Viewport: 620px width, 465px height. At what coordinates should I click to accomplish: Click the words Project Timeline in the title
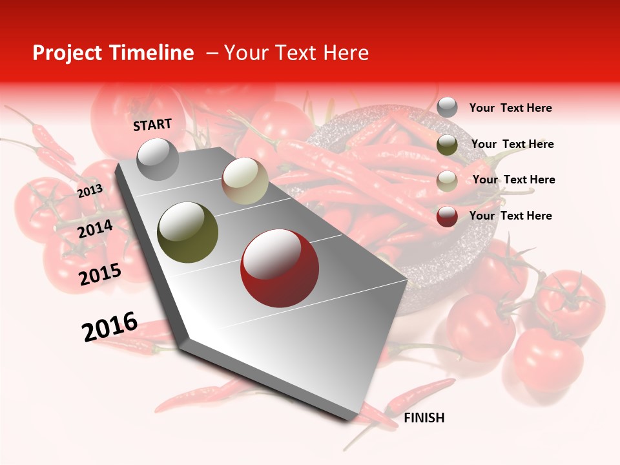(113, 53)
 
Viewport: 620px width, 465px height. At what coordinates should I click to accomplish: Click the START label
(152, 125)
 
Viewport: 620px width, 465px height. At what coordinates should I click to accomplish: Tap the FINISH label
(424, 418)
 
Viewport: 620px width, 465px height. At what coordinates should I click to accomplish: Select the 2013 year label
(90, 191)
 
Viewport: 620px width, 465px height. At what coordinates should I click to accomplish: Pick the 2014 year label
(96, 229)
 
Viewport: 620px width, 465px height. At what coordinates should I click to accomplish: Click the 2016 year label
(110, 327)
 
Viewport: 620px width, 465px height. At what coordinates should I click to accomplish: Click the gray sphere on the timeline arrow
(158, 159)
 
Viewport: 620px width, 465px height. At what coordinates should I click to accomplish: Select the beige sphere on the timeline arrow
(245, 181)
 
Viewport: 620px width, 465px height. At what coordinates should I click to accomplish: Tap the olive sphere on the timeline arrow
(188, 232)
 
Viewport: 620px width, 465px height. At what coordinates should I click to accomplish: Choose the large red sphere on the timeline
(280, 268)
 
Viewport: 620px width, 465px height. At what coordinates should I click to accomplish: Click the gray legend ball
(447, 108)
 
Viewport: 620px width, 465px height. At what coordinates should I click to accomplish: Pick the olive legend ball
(447, 145)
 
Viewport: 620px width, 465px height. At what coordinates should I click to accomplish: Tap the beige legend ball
(447, 181)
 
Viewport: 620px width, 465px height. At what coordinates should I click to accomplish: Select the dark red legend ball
(447, 216)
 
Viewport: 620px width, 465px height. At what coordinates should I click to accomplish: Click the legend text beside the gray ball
(510, 108)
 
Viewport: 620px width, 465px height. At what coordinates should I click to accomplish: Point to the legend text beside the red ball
(510, 216)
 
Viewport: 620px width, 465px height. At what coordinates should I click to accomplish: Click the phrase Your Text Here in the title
(296, 53)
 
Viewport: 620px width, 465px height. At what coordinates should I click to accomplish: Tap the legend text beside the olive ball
(512, 144)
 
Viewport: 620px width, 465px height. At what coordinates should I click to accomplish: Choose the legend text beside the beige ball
(513, 180)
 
